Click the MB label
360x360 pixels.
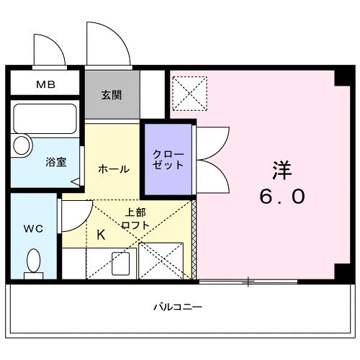[45, 84]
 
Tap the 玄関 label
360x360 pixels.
[111, 94]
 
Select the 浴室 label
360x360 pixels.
[56, 161]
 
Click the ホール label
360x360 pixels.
[113, 168]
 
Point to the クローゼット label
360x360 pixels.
[168, 159]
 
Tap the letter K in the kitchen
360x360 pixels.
[101, 235]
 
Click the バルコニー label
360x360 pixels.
[177, 307]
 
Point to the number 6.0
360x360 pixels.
[282, 196]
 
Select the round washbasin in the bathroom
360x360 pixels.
[21, 146]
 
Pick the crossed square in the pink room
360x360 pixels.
[189, 93]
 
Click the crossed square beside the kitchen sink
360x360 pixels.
[161, 260]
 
